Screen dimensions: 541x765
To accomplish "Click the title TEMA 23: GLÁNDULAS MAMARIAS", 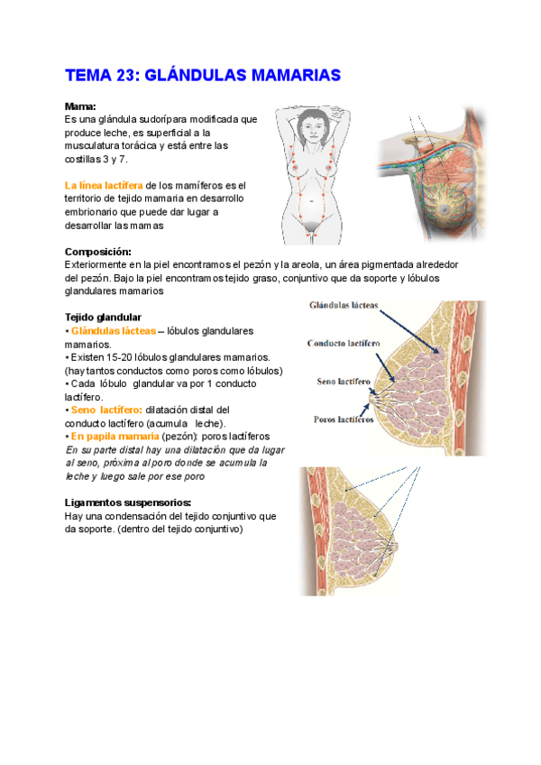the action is click(202, 75).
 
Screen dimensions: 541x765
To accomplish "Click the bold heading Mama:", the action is click(80, 106).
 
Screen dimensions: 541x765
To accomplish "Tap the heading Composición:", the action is click(98, 252).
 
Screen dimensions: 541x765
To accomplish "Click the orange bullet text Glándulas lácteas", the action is click(114, 331).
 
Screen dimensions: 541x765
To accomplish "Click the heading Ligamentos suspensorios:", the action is click(128, 502).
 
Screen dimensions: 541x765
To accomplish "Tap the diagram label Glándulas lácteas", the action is click(344, 305).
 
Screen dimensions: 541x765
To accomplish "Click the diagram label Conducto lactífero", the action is click(343, 344).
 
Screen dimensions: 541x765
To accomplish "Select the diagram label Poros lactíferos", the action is click(344, 419).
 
